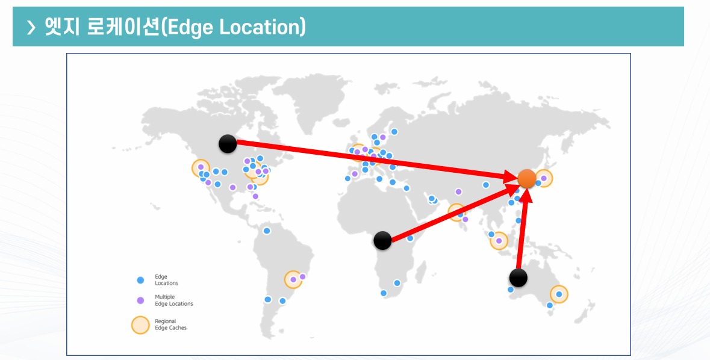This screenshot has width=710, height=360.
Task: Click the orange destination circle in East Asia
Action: (526, 178)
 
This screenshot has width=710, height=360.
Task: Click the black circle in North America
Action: (228, 143)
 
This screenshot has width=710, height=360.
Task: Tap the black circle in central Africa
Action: (382, 241)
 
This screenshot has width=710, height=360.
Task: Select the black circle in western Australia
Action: (518, 278)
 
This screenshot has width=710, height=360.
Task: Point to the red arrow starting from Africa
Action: (452, 213)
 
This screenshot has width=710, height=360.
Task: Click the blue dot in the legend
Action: (140, 280)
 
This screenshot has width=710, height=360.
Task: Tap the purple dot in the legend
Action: (140, 300)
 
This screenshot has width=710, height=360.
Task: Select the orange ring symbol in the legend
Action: (140, 325)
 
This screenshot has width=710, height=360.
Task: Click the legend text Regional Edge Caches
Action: (170, 325)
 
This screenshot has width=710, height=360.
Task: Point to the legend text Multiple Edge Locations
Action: (173, 300)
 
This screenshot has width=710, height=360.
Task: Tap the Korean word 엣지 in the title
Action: (63, 26)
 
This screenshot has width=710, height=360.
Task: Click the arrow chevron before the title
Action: (31, 27)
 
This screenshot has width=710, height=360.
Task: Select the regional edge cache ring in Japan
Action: (544, 178)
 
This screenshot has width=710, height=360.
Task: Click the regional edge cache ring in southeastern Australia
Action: (559, 294)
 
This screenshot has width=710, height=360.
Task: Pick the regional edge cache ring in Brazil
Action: (293, 279)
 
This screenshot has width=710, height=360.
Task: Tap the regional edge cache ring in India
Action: (458, 213)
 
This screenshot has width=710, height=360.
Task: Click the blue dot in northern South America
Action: (267, 231)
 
